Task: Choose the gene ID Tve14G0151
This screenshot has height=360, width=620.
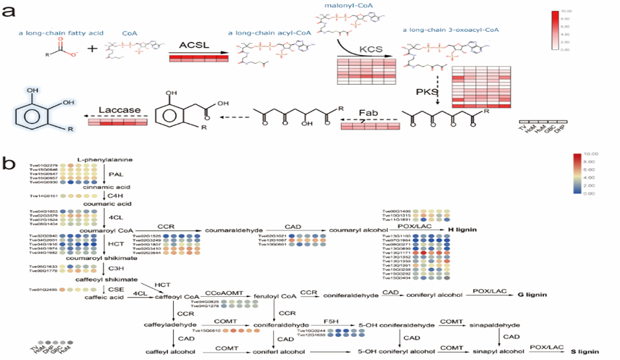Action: [43, 196]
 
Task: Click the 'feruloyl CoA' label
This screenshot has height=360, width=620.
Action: [273, 296]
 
